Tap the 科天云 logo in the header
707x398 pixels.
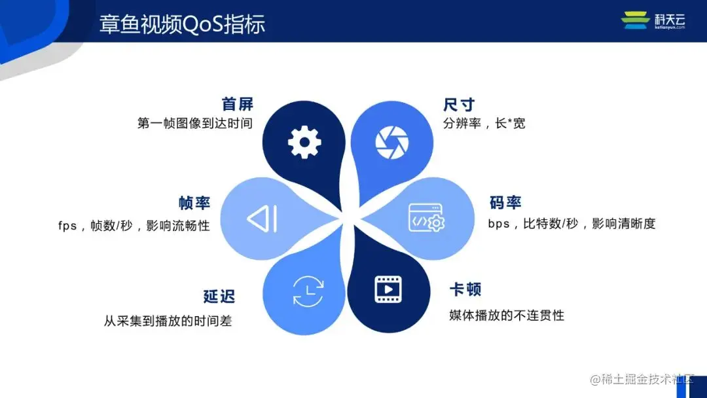pos(653,21)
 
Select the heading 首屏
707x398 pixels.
pos(237,104)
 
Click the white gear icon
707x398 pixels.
pos(304,141)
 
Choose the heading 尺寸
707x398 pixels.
pos(458,105)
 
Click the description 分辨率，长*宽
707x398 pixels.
pos(484,123)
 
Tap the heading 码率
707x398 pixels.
pos(505,202)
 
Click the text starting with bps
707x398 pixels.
pos(571,224)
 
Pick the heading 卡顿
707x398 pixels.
pos(465,290)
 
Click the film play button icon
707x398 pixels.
pos(388,289)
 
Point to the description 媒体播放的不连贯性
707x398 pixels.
pos(507,316)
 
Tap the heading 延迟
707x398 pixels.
pos(219,296)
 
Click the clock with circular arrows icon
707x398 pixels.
pos(307,291)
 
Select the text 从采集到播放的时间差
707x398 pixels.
pos(168,321)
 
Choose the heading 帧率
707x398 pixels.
pos(194,203)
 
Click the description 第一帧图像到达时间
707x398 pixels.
pos(194,123)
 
